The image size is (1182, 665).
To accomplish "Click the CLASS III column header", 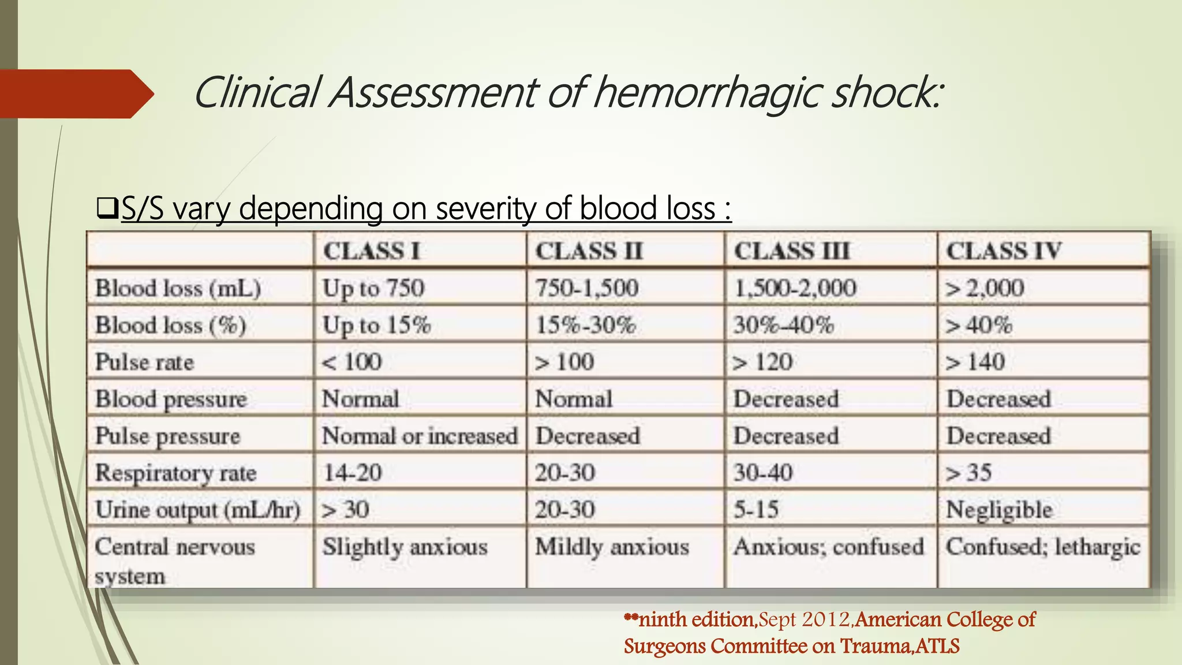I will tap(791, 251).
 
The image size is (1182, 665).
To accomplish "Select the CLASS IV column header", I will tap(1004, 251).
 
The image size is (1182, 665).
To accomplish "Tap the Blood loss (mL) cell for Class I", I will tap(373, 288).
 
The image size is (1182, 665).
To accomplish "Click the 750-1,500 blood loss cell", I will tap(587, 288).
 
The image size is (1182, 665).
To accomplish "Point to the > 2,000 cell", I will tap(985, 288).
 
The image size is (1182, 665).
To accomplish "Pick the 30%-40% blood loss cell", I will tap(784, 325).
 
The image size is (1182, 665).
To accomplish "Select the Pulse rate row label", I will tap(145, 362).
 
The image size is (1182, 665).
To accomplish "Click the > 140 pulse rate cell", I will tap(975, 362).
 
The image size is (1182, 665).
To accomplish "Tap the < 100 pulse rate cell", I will tap(352, 362).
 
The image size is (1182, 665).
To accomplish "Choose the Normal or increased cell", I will tap(420, 436).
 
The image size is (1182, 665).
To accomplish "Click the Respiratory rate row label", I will tap(176, 473).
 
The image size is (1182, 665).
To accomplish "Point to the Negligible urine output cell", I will tap(999, 510).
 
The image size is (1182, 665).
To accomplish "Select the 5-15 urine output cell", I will tap(756, 510).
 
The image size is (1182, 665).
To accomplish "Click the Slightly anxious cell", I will tap(405, 547).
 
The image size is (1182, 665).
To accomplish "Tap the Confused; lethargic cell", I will tap(1043, 547).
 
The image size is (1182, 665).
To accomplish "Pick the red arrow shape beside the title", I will tap(75, 94).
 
